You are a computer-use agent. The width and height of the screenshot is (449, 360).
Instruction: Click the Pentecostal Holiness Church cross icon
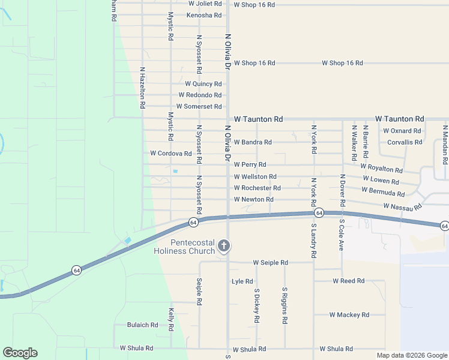click(x=224, y=245)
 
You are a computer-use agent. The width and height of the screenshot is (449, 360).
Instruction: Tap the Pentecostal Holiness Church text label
click(x=184, y=247)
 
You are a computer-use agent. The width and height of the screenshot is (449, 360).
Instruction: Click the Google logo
click(x=20, y=353)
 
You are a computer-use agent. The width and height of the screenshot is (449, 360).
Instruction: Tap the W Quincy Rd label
click(x=203, y=84)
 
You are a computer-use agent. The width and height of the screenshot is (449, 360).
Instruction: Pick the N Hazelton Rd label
click(x=142, y=88)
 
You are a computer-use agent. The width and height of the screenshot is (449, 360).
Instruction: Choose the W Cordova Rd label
click(x=171, y=154)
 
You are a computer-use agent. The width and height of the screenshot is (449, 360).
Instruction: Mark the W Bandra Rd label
click(x=253, y=142)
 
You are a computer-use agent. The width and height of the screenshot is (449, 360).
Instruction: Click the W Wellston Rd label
click(x=255, y=177)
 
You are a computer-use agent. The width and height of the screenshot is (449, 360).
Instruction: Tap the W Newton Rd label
click(x=253, y=199)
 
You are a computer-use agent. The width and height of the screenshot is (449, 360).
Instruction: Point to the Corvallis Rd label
click(x=405, y=142)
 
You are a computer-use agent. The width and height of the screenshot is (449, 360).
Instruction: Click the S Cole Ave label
click(x=341, y=235)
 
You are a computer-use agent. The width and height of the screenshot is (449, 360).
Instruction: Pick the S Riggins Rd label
click(x=285, y=305)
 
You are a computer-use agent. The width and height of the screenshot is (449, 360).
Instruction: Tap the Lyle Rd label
click(x=242, y=281)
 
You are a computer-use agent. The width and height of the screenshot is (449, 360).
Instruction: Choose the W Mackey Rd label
click(x=349, y=314)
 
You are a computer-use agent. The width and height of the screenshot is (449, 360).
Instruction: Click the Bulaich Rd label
click(x=142, y=325)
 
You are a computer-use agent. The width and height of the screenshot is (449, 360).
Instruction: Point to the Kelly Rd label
click(x=171, y=320)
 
